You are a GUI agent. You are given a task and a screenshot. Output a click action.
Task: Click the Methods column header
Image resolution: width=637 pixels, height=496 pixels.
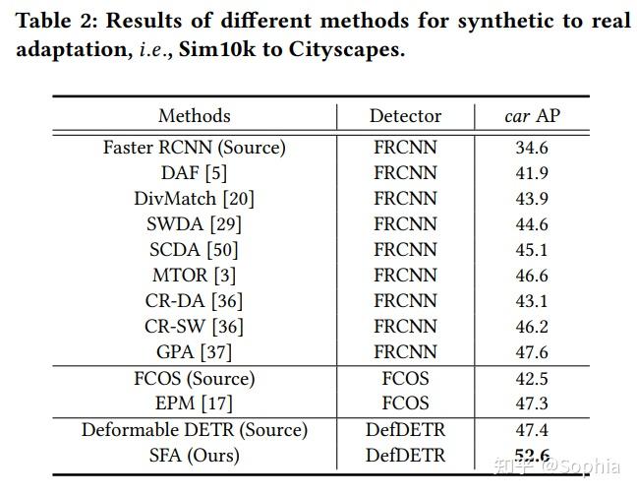[x=194, y=116]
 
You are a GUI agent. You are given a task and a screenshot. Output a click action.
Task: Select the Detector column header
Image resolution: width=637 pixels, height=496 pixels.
[x=405, y=116]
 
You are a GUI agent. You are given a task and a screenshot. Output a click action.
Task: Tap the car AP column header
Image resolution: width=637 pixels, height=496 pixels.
[x=532, y=116]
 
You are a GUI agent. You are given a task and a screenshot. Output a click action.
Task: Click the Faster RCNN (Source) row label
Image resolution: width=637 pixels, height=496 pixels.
[x=194, y=148]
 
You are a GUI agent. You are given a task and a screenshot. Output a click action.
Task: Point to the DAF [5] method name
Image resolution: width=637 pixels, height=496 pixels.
[x=194, y=173]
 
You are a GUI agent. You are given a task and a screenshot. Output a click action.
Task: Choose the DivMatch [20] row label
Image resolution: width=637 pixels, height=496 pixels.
[x=194, y=199]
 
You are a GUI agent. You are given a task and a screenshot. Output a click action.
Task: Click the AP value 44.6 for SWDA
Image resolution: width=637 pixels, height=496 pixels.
[x=532, y=224]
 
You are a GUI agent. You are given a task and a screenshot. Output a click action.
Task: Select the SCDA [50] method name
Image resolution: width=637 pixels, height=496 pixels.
[x=194, y=250]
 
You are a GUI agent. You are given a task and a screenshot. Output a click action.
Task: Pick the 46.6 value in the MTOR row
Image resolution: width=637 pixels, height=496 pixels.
[x=532, y=276]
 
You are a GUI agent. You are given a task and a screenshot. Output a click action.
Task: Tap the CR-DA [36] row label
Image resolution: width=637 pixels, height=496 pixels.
[x=194, y=301]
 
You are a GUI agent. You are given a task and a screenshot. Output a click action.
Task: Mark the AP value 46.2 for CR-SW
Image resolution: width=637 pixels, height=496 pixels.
[x=532, y=327]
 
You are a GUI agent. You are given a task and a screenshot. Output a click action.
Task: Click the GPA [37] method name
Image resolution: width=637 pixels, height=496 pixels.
[x=194, y=352]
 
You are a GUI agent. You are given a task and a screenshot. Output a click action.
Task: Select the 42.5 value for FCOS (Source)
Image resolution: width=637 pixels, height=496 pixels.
[x=532, y=379]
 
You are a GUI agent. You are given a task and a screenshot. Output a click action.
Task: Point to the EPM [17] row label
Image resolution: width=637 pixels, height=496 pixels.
[x=194, y=403]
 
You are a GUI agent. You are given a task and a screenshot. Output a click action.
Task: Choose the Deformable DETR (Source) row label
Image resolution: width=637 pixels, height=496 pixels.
[x=194, y=430]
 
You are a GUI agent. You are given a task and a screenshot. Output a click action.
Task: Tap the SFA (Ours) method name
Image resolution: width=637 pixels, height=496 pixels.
[x=194, y=456]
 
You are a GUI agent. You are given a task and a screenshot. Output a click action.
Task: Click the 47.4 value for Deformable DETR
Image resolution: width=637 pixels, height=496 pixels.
[x=532, y=430]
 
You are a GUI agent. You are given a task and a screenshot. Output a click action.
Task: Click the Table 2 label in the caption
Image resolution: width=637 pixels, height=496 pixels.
[x=54, y=21]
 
